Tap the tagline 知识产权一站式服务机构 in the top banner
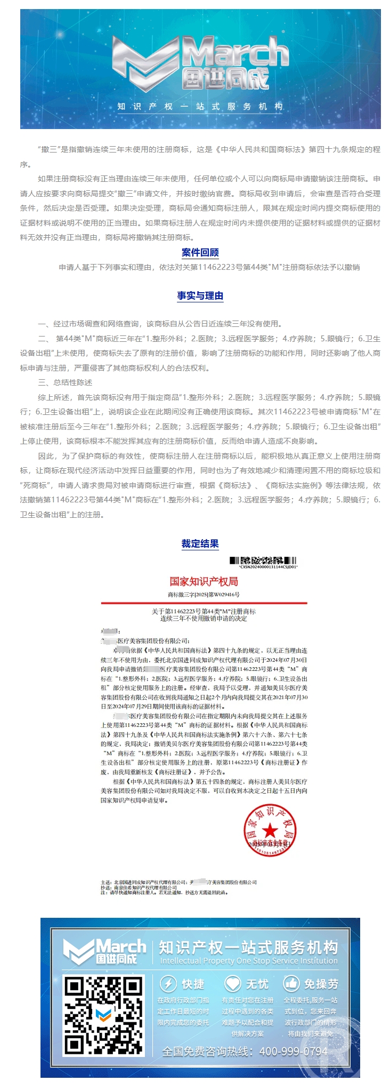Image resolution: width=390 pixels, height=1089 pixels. (x=200, y=106)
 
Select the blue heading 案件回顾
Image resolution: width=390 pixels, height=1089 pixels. (x=200, y=252)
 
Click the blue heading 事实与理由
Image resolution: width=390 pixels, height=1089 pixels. (x=200, y=295)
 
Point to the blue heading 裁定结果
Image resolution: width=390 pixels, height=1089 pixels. (x=200, y=543)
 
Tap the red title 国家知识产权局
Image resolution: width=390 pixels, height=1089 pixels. (x=204, y=581)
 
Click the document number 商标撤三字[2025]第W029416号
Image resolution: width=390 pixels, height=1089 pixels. (x=204, y=594)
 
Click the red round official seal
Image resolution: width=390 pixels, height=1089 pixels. (x=270, y=830)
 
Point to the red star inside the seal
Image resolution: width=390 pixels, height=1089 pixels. (x=270, y=830)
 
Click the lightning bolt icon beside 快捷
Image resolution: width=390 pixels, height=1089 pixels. (x=168, y=983)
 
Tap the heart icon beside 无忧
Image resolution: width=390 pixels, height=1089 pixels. (x=233, y=983)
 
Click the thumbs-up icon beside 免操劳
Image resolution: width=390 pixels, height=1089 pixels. (x=291, y=983)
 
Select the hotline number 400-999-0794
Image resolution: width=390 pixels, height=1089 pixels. (x=293, y=1051)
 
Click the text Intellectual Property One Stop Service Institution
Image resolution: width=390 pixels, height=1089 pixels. (x=248, y=960)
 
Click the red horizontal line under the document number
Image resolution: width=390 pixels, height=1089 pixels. (x=204, y=603)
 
